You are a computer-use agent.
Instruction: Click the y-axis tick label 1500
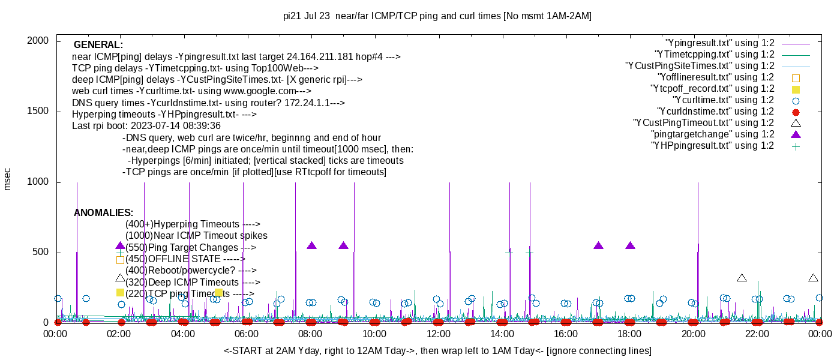[x=39, y=112]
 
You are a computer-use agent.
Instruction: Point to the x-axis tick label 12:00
[x=438, y=334]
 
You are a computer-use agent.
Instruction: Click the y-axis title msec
[x=8, y=179]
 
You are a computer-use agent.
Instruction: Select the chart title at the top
[x=437, y=16]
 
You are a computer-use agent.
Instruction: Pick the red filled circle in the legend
[x=796, y=112]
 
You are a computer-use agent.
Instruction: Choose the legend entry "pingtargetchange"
[x=713, y=134]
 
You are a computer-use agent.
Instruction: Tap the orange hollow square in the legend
[x=796, y=78]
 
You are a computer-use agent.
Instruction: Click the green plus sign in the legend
[x=796, y=146]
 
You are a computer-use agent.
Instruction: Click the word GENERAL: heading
[x=98, y=45]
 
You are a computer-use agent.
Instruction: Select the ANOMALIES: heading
[x=103, y=213]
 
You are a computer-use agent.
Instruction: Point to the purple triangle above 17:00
[x=598, y=245]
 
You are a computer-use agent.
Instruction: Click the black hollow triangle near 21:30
[x=742, y=278]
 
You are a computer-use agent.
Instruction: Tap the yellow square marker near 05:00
[x=219, y=293]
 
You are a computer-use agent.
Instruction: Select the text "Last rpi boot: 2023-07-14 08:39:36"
[x=146, y=126]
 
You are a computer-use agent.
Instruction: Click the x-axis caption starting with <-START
[x=437, y=350]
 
